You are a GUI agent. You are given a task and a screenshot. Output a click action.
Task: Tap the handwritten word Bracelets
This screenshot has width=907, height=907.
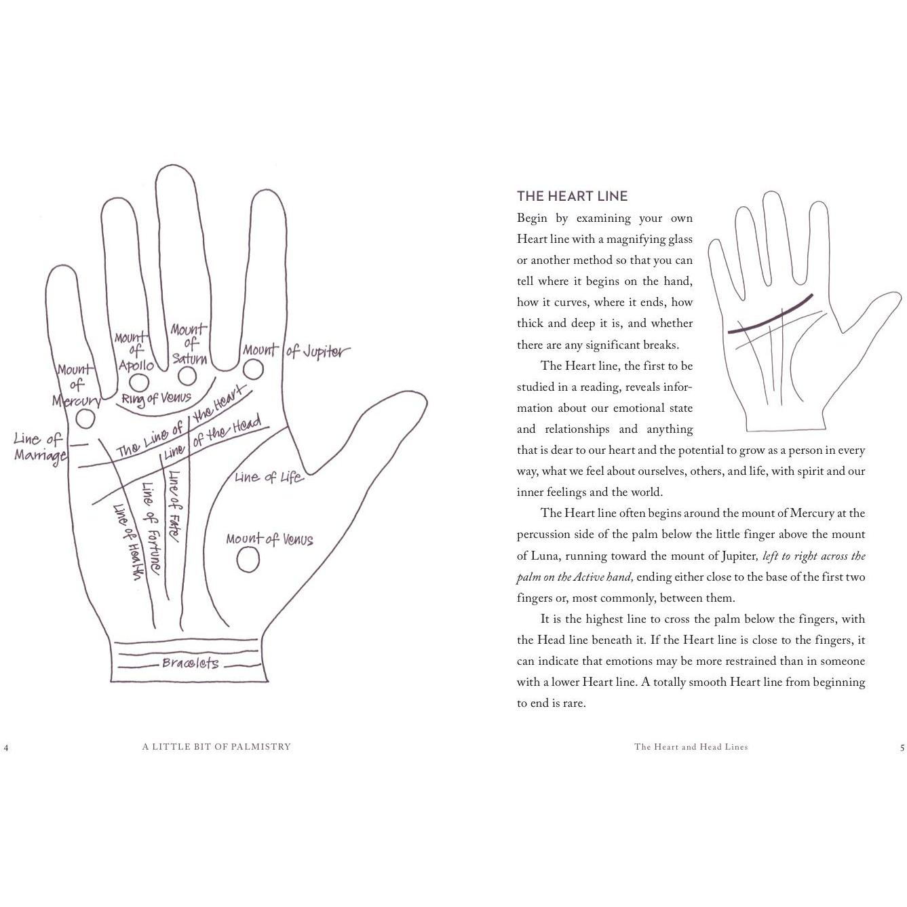click(x=190, y=663)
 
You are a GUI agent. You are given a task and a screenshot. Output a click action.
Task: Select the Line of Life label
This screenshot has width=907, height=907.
click(x=269, y=478)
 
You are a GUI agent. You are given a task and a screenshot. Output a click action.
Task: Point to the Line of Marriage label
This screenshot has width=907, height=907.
click(x=39, y=447)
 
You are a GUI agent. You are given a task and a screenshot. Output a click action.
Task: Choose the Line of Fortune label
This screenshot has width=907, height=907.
click(x=151, y=528)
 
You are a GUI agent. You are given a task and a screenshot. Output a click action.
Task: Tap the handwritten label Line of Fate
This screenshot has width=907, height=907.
click(x=173, y=507)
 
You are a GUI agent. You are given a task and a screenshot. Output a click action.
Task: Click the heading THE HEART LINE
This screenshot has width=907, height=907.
click(x=573, y=196)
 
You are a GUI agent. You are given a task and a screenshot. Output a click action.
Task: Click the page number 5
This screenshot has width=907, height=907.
click(x=902, y=748)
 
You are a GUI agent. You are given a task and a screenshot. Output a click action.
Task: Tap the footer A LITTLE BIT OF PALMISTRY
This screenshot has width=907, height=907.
click(x=216, y=746)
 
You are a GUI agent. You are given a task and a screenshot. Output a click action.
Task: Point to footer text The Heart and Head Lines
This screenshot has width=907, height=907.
click(x=691, y=746)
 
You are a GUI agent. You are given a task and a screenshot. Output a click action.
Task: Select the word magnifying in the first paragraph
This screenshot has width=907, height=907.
click(x=630, y=239)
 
